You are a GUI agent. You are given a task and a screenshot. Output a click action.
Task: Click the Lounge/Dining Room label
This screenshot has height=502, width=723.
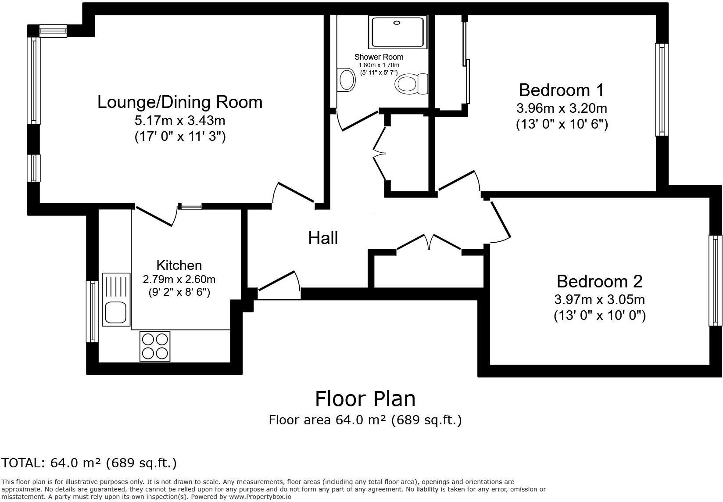coord(180,102)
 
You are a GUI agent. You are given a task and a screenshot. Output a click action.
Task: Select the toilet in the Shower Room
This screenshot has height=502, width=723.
coord(411,83)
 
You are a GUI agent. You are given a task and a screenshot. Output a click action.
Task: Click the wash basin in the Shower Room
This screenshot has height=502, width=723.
coord(347,80)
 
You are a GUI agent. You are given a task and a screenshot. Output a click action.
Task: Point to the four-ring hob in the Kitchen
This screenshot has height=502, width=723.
coord(155,346)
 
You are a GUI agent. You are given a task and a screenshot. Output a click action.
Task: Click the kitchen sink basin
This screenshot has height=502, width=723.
coord(115,313)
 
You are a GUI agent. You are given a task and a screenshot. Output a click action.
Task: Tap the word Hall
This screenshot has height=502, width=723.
coord(323,238)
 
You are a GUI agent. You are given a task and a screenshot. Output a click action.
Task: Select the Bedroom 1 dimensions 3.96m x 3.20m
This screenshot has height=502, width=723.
coord(562,108)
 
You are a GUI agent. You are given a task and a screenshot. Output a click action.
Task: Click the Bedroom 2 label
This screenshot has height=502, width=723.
coord(599,281)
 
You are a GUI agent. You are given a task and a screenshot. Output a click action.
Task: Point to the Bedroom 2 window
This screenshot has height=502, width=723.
coord(715,281)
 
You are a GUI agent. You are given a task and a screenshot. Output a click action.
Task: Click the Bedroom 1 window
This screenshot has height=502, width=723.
coord(662,90)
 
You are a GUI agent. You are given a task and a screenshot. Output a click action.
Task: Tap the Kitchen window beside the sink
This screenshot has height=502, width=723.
coord(92,312)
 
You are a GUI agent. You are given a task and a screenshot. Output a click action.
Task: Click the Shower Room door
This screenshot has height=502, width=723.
coord(358,121)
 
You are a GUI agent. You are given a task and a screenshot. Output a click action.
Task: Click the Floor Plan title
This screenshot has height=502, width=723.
coord(365,398)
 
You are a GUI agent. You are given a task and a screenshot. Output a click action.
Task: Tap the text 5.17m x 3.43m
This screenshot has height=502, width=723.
coord(180,120)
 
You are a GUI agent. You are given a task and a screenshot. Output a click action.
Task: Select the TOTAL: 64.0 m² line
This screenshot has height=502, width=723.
coord(89,463)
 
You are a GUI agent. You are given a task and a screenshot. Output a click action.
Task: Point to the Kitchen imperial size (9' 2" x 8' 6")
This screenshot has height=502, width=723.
coord(179,292)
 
